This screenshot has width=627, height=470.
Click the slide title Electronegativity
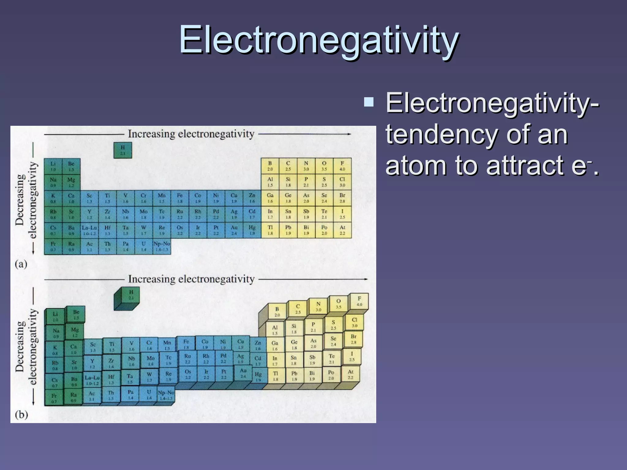318,40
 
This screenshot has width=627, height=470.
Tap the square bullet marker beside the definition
369,102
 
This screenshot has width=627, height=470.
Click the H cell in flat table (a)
123,150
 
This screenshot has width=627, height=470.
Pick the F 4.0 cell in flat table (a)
342,166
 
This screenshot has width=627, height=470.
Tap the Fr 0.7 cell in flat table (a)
53,246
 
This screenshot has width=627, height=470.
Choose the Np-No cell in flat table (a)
162,246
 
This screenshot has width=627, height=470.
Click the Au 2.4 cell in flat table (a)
234,230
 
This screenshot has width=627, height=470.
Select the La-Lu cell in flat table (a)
89,230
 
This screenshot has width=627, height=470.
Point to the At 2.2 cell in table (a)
342,230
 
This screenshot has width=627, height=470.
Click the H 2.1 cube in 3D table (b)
131,295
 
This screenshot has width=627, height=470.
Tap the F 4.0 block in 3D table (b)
359,301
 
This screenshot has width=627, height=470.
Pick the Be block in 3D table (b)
76,315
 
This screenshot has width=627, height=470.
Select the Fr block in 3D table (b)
54,398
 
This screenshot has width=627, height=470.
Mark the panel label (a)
21,264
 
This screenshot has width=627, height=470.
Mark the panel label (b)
21,415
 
